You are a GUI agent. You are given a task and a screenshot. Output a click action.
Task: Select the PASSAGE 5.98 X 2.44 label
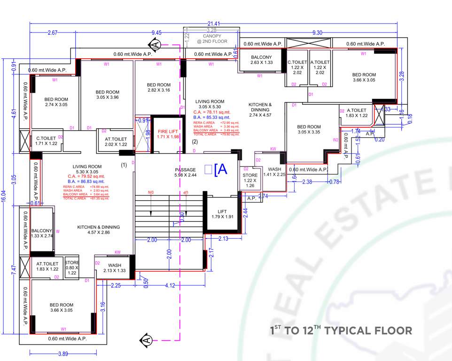(185, 173)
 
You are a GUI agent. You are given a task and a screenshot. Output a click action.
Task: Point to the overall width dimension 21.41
(214, 24)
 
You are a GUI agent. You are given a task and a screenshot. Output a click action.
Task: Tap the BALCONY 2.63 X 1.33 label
(261, 60)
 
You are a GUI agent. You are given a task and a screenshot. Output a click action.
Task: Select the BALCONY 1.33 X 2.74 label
(41, 233)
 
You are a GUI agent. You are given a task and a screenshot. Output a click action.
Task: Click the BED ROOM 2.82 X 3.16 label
(158, 87)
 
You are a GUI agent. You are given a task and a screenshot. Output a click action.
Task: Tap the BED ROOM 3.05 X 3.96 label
(107, 94)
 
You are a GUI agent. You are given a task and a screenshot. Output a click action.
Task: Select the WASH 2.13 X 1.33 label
(114, 268)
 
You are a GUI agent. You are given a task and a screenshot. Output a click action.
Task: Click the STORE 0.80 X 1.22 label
(72, 267)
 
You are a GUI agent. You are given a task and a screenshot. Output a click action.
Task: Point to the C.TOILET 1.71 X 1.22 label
(47, 141)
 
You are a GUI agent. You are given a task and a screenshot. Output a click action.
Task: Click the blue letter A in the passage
(221, 170)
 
